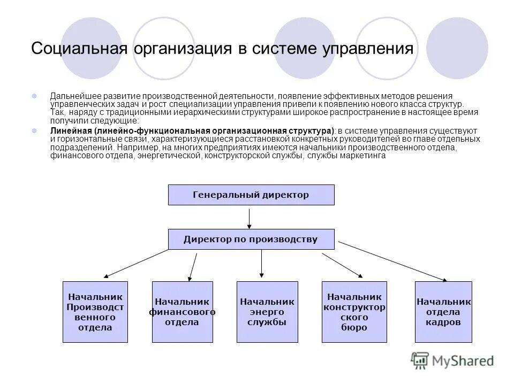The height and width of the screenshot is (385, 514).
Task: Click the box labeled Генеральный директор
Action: (x=251, y=195)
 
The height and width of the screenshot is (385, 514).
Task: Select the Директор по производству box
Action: (x=251, y=239)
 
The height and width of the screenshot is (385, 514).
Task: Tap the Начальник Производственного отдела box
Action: (x=95, y=312)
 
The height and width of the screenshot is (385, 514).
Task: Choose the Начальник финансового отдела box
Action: (x=182, y=312)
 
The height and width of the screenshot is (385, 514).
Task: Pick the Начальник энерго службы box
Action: (x=267, y=312)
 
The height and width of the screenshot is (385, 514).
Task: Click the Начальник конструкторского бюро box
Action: (x=354, y=312)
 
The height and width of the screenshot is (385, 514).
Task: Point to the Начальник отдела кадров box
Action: (x=443, y=312)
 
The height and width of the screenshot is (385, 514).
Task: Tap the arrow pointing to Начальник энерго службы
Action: (x=262, y=263)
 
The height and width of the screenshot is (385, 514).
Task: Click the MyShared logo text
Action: (x=464, y=361)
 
